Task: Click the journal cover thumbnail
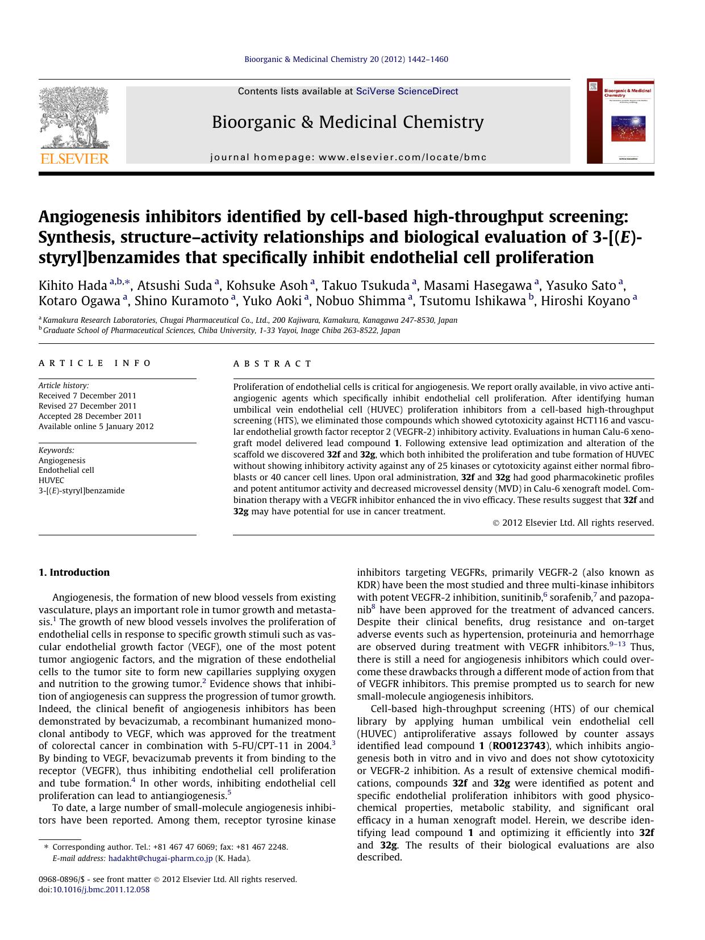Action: coord(620,121)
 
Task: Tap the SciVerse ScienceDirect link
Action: coord(407,91)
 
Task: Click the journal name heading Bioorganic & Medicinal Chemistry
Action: coord(348,122)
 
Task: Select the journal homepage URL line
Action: coord(348,157)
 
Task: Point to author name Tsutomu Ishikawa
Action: coord(473,301)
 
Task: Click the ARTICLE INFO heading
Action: coord(95,363)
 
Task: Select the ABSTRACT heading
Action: coord(273,364)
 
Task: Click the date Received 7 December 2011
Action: coord(87,396)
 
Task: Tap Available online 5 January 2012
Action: coord(96,426)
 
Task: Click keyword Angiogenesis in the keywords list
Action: coord(62,460)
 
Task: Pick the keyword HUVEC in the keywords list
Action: coord(52,480)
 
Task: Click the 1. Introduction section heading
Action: coord(74,572)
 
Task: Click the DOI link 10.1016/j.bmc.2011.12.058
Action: coord(101,890)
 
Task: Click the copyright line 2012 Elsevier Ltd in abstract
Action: coord(573,523)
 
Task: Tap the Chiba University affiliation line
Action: coord(222,330)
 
